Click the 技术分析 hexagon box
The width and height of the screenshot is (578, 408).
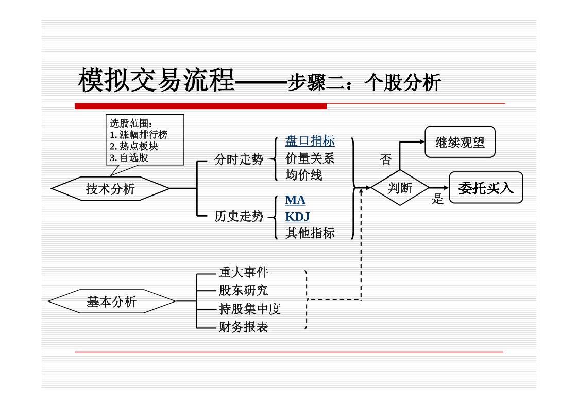(110, 189)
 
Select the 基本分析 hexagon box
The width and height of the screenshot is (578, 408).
(111, 302)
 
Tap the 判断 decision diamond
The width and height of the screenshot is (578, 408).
(400, 188)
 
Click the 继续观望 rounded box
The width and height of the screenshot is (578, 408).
(460, 142)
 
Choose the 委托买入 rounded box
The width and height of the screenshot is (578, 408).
(485, 188)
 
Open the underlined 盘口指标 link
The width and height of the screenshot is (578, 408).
(310, 141)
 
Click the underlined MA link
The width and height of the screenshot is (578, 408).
(295, 200)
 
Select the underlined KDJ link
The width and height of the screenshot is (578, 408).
(297, 217)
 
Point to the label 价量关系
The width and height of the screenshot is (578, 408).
(310, 158)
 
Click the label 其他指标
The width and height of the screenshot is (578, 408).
(310, 233)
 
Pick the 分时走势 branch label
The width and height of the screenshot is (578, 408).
(239, 160)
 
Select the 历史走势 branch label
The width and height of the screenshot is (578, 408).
(239, 217)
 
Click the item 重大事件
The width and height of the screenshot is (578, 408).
(243, 272)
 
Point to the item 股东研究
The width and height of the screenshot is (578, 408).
(243, 290)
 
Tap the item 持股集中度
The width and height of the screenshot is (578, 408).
(249, 309)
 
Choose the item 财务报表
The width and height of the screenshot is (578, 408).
(243, 327)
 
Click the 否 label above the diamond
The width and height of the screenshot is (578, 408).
(385, 159)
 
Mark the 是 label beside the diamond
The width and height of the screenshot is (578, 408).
(437, 199)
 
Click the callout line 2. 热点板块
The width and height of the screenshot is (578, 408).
(134, 146)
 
